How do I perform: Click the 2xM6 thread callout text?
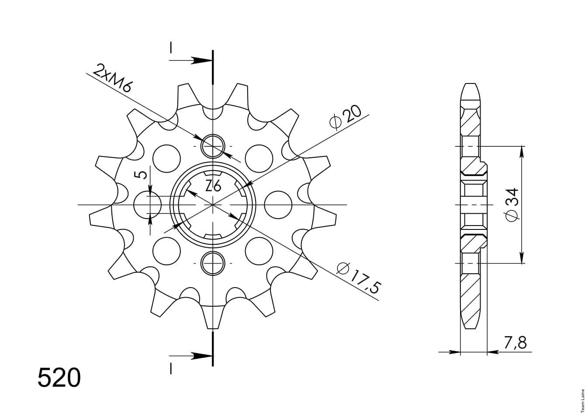pyautogui.click(x=113, y=78)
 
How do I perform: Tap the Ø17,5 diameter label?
pyautogui.click(x=359, y=278)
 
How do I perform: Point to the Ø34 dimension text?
pyautogui.click(x=511, y=205)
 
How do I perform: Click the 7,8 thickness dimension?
pyautogui.click(x=515, y=343)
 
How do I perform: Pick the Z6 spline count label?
pyautogui.click(x=213, y=186)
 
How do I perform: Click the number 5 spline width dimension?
pyautogui.click(x=142, y=175)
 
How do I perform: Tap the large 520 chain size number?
pyautogui.click(x=59, y=378)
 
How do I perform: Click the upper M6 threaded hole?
pyautogui.click(x=213, y=146)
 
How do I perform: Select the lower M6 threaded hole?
pyautogui.click(x=213, y=263)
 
